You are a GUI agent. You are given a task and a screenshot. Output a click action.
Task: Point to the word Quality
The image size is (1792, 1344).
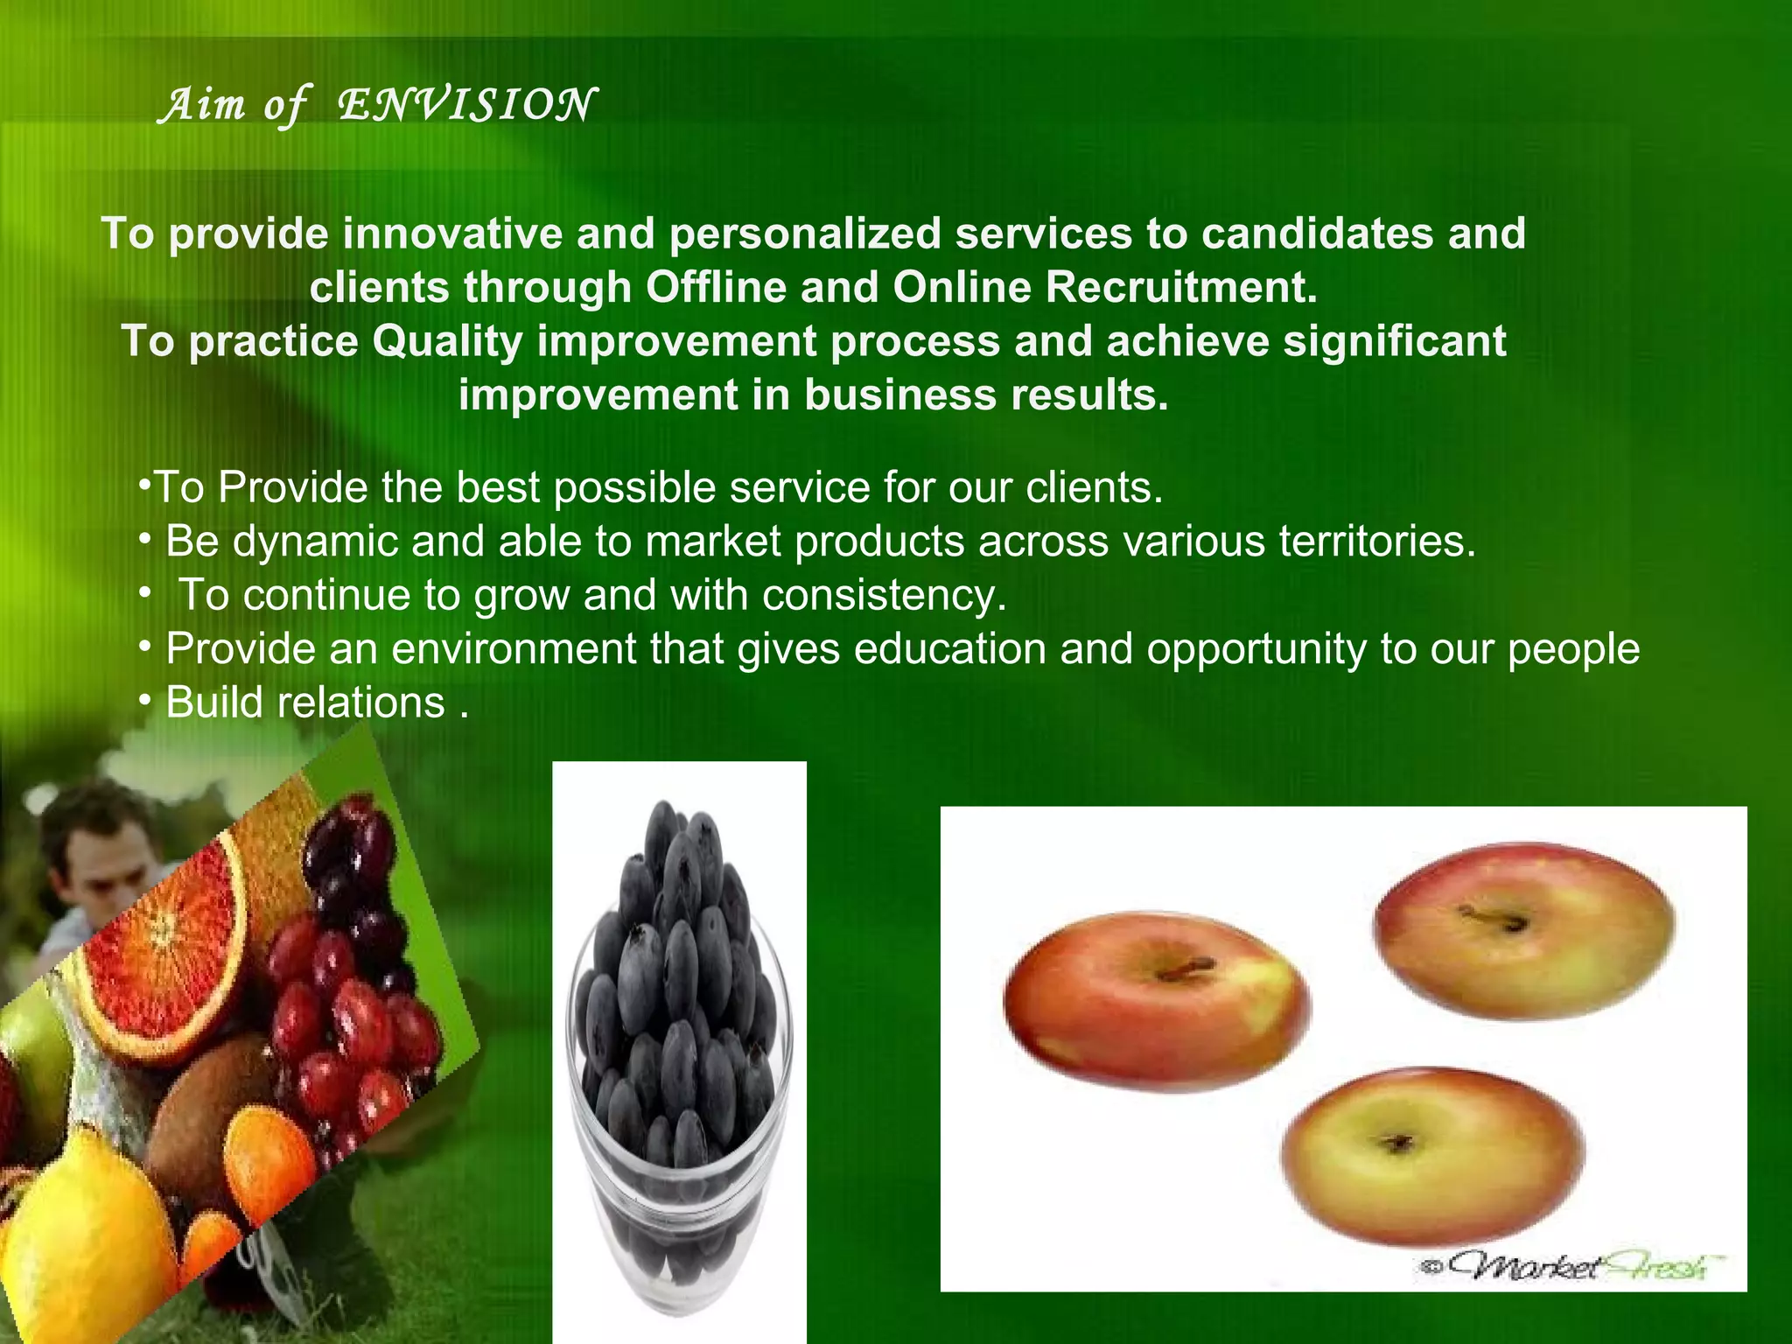[x=447, y=341]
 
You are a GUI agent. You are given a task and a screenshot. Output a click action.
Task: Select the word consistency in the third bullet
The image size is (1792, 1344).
[x=885, y=595]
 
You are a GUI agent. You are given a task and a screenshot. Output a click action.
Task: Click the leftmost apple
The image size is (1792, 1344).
[x=1155, y=997]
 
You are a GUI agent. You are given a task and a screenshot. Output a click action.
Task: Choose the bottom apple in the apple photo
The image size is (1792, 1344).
[x=1431, y=1155]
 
